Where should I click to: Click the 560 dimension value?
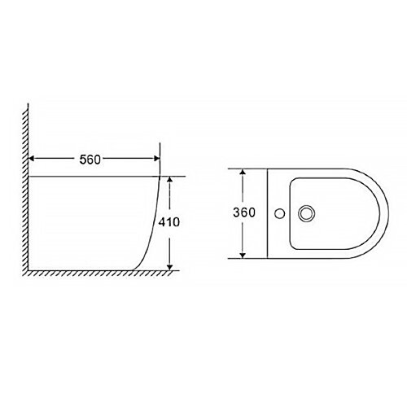(x=91, y=160)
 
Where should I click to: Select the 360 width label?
(x=244, y=213)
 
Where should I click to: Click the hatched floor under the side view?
(x=90, y=274)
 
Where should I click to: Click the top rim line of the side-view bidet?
(x=90, y=177)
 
